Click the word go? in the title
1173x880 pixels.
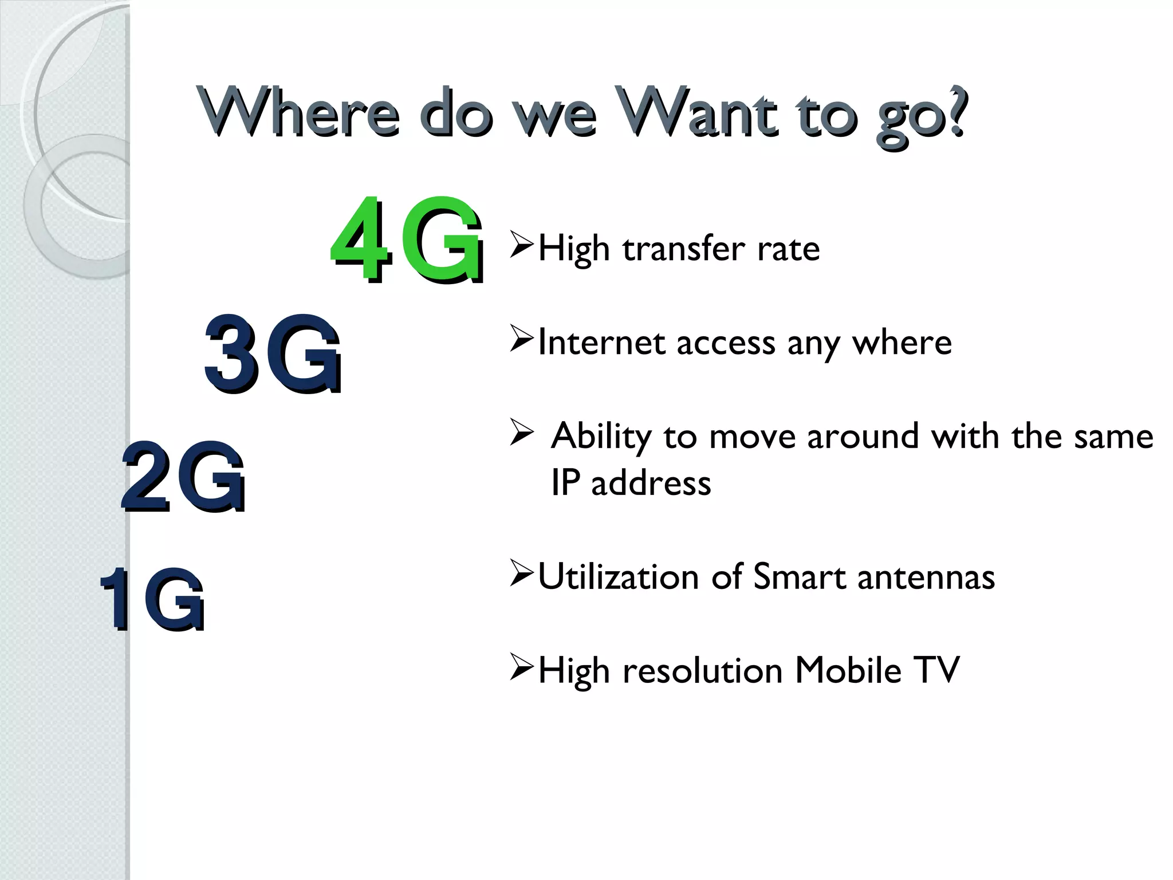click(x=922, y=115)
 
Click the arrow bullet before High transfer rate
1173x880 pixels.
click(x=521, y=245)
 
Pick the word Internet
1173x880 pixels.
click(x=601, y=343)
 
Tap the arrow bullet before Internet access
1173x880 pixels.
click(x=521, y=339)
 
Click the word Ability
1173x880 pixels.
click(x=601, y=437)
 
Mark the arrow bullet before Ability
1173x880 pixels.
click(x=521, y=433)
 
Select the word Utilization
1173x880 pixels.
click(x=618, y=577)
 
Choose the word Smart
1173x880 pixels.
click(x=799, y=577)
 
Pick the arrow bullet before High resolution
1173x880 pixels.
click(x=521, y=667)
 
